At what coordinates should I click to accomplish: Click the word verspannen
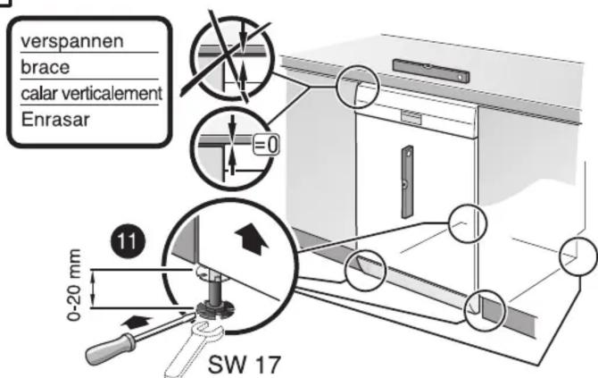tap(72, 42)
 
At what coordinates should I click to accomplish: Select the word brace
tap(45, 67)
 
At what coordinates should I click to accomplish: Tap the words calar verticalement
tap(92, 93)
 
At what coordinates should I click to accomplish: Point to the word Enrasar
tap(55, 119)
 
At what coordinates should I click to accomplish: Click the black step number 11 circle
tap(128, 241)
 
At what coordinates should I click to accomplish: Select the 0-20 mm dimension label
tap(73, 284)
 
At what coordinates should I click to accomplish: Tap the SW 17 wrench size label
tap(245, 365)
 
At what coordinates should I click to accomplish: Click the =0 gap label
tap(266, 146)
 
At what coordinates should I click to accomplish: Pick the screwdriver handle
tap(111, 349)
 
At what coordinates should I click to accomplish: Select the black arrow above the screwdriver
tap(137, 322)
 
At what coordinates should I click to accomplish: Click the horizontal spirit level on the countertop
tap(431, 71)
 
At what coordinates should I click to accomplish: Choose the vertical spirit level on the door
tap(407, 181)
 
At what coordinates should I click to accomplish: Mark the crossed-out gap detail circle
tap(232, 58)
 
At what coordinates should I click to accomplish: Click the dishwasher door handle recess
tap(411, 117)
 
